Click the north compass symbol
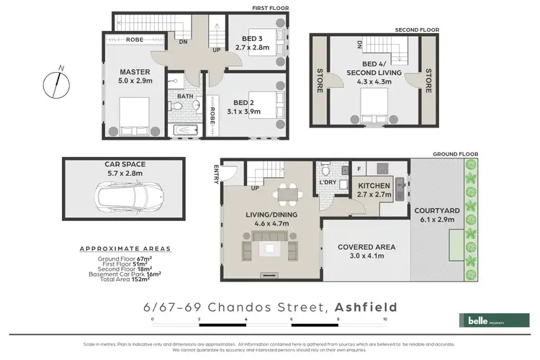[54, 84]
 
